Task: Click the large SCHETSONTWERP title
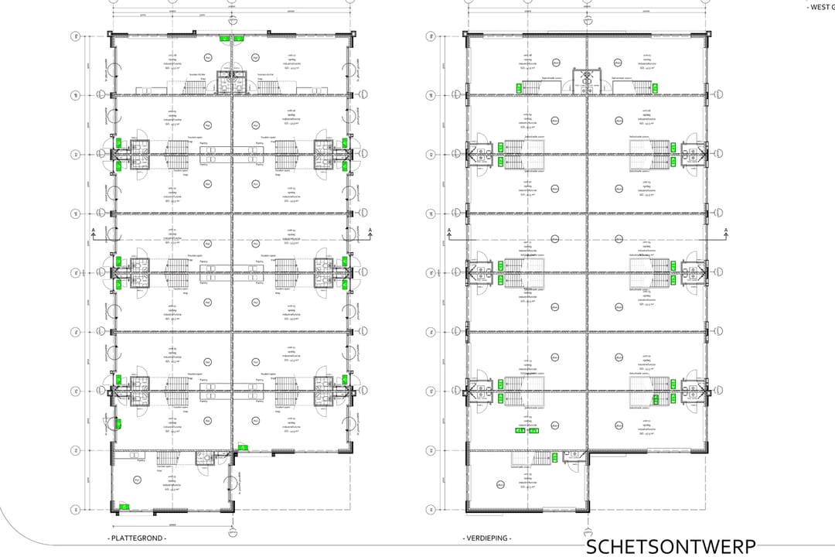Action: coord(670,546)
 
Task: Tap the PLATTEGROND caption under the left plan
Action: coord(138,538)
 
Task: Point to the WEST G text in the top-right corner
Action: coord(820,7)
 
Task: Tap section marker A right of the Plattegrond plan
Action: coord(370,231)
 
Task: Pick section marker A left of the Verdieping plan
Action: coord(448,231)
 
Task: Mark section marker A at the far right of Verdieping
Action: coord(727,231)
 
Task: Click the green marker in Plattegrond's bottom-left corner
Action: coord(124,507)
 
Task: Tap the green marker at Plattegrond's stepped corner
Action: coord(243,447)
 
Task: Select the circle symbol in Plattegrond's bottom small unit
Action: coord(138,480)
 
